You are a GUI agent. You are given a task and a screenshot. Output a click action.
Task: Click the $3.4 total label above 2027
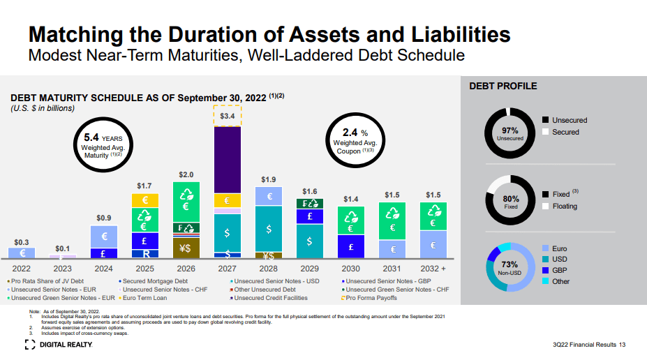tap(228, 115)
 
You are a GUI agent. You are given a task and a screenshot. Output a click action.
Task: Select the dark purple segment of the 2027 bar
tap(228, 159)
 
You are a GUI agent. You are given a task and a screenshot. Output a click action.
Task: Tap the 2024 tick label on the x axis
tap(103, 268)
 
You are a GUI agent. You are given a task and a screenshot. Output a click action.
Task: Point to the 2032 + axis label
tap(433, 268)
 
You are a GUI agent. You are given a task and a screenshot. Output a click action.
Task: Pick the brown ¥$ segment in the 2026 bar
tap(186, 248)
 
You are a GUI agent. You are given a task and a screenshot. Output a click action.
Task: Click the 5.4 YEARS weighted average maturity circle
tap(103, 145)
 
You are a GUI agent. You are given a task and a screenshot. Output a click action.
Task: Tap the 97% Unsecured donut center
tap(510, 133)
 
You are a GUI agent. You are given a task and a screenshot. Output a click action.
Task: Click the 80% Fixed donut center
tap(510, 202)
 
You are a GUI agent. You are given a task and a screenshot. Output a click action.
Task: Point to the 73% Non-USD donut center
tap(510, 269)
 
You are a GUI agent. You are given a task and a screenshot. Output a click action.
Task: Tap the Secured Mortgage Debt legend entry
tap(145, 280)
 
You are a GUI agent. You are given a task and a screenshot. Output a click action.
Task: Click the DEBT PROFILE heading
tap(503, 87)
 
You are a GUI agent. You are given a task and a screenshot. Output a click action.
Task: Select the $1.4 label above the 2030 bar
tap(350, 200)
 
